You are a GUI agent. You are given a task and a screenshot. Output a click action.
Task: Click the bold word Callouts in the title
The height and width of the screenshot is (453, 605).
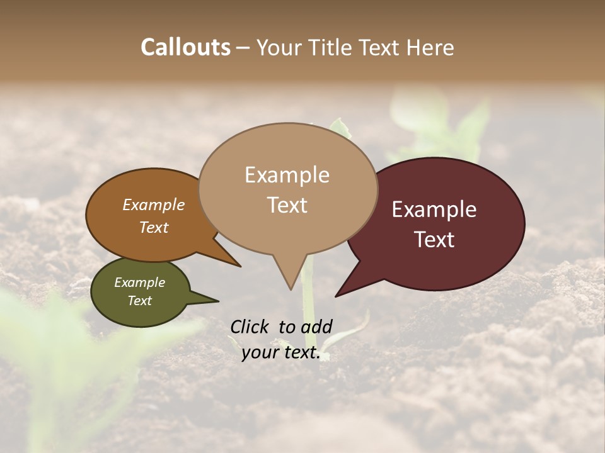tap(185, 47)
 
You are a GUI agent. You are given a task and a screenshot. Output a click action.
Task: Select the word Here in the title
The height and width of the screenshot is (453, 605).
tap(431, 47)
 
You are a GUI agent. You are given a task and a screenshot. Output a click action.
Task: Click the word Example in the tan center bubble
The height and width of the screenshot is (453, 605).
tap(287, 175)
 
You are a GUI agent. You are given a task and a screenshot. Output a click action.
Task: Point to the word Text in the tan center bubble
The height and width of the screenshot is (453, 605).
tap(287, 205)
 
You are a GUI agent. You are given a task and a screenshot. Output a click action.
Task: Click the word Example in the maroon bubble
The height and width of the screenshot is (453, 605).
tap(434, 210)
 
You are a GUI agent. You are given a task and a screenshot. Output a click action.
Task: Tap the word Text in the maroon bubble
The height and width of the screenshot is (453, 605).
tap(434, 240)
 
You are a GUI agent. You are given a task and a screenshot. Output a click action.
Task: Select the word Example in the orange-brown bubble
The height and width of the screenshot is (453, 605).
tap(154, 205)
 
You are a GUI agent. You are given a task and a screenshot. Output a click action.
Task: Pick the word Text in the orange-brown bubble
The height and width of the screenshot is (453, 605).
tap(154, 227)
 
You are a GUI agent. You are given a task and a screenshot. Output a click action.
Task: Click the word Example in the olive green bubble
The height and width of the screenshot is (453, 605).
tap(139, 282)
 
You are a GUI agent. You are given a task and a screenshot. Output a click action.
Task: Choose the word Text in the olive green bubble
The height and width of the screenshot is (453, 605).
tap(139, 301)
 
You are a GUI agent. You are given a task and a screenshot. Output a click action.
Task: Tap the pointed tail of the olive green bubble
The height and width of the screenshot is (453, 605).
tap(211, 300)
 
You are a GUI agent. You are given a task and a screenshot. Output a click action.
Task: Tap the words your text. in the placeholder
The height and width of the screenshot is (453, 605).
tap(281, 353)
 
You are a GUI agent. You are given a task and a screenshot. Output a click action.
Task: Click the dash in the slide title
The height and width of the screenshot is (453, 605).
tap(243, 47)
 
